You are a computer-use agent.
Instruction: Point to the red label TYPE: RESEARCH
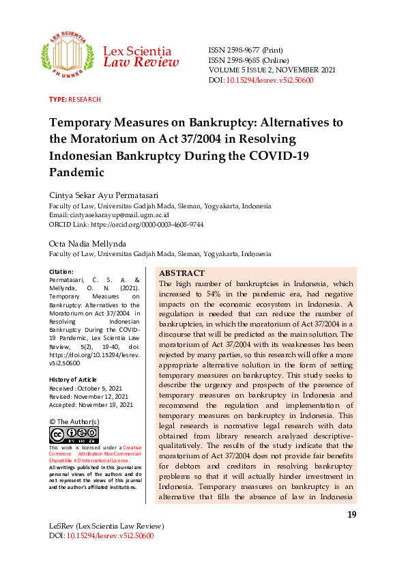75,100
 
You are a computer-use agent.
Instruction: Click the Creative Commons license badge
74,435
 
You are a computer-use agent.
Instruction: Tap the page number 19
351,515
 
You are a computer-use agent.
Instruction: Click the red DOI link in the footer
110,536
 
